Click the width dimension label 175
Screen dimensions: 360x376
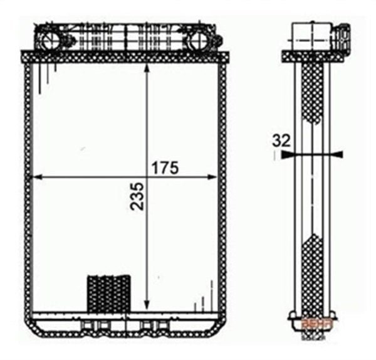click(165, 167)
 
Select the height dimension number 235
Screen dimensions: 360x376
click(137, 196)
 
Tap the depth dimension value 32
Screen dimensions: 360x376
click(281, 141)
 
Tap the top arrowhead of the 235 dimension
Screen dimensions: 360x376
click(147, 68)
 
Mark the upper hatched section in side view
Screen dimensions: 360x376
click(312, 91)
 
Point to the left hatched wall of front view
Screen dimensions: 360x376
click(28, 188)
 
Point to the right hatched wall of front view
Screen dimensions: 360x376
click(222, 188)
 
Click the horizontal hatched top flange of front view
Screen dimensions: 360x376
click(125, 56)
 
